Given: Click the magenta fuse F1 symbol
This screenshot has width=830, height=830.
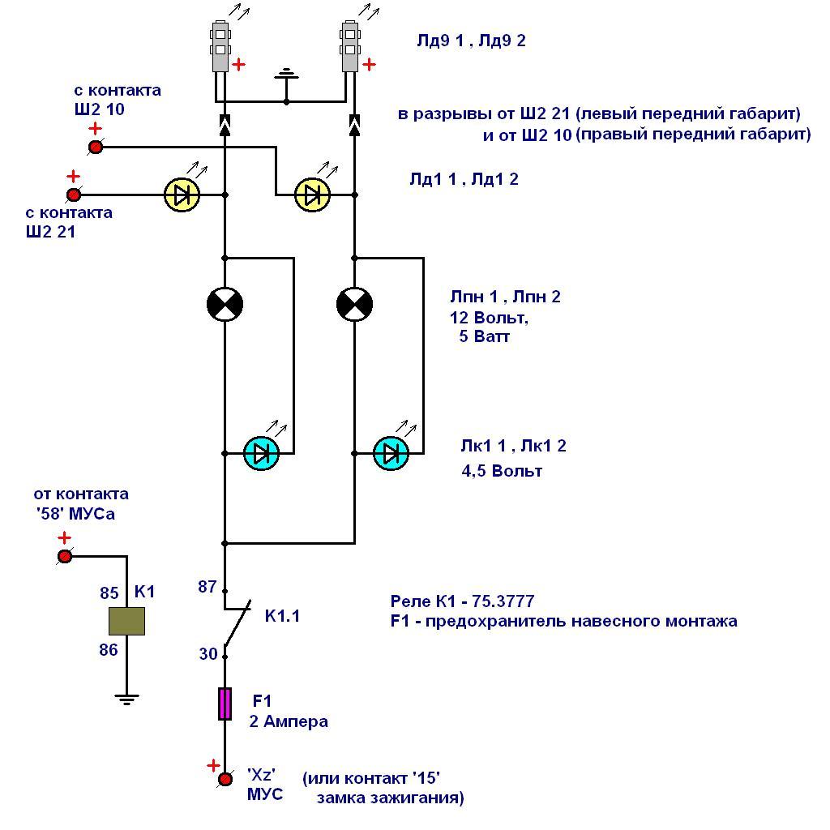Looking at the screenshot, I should (225, 704).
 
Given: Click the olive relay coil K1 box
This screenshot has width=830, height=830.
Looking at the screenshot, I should (126, 621).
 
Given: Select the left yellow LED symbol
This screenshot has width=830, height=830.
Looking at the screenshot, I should (182, 195).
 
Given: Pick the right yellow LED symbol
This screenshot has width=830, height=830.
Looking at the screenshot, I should (312, 195).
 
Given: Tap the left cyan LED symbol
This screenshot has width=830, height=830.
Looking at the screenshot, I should (261, 453).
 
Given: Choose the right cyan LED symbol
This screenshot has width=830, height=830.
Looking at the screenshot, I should (391, 453).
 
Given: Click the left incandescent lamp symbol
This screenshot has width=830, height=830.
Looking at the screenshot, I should (225, 304).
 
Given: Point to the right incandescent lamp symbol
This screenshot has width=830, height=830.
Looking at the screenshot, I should (354, 304).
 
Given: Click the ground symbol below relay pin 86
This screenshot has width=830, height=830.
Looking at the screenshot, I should (126, 697).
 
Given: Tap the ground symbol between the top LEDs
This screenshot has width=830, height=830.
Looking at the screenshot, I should (286, 76).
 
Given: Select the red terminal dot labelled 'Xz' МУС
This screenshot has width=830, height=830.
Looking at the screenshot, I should (225, 780).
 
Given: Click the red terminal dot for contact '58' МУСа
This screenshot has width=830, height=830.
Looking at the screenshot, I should (64, 557).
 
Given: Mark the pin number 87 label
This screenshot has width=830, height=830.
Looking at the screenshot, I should (207, 587).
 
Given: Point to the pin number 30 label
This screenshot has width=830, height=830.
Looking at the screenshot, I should (207, 653).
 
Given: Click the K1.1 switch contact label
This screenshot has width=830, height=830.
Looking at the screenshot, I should (282, 617).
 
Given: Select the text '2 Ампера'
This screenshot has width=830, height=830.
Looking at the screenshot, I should (289, 721).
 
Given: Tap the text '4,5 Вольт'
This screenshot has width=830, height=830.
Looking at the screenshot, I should (501, 471).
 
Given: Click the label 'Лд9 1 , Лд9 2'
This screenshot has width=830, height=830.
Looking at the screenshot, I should (471, 41).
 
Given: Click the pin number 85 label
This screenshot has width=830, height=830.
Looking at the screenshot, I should (109, 593).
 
